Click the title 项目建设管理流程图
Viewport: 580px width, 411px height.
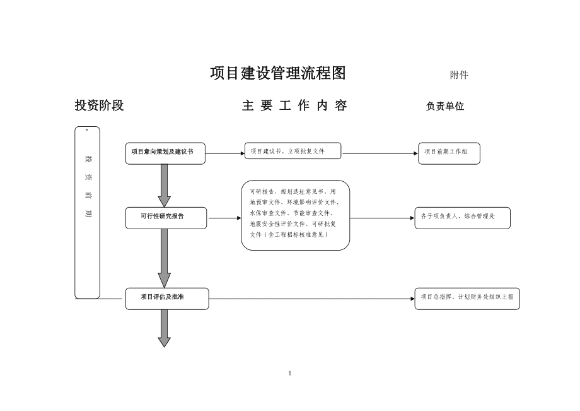pos(277,74)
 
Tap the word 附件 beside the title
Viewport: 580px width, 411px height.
pos(459,75)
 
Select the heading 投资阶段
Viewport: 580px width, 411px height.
pos(99,106)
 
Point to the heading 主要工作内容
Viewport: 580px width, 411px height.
pos(294,106)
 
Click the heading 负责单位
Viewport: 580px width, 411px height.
pos(445,106)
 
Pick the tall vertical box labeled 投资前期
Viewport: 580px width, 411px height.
pos(87,212)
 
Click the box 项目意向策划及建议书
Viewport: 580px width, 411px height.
pos(165,153)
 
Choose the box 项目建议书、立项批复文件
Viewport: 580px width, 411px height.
pos(293,152)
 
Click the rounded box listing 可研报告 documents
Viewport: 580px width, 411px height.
pos(295,215)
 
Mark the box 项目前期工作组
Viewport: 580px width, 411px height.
pos(449,153)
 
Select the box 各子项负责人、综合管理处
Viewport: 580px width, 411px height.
pos(461,217)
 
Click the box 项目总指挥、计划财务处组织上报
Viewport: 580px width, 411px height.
pos(467,298)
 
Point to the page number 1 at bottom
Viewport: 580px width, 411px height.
pos(289,373)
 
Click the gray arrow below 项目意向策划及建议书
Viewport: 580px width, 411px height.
pos(165,186)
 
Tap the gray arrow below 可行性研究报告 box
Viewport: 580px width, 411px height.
pos(165,258)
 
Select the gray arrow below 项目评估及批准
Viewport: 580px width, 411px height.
pos(165,328)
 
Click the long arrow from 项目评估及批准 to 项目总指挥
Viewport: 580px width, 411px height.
pos(311,298)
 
